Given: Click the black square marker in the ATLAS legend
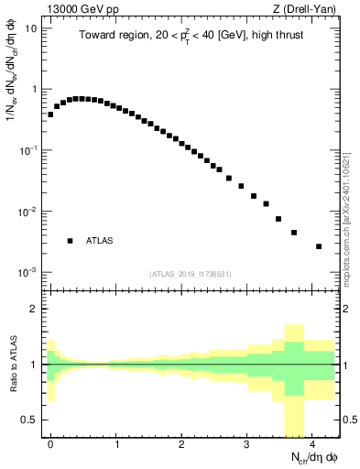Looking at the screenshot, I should tap(70, 241).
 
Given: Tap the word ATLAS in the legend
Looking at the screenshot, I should tap(101, 241).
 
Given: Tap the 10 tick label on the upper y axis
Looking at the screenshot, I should tap(29, 27).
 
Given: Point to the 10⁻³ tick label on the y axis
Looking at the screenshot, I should tap(27, 272).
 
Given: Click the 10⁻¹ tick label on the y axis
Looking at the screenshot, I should tap(27, 150).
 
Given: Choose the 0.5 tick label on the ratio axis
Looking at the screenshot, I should tap(29, 420).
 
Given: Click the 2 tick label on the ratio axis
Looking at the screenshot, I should tap(35, 309).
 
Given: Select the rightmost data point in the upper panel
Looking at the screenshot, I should tap(319, 246).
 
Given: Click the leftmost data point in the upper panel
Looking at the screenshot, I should tap(50, 115).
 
